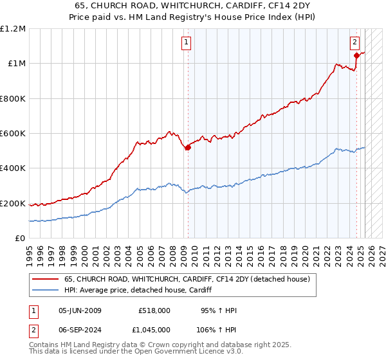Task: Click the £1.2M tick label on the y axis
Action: click(13, 29)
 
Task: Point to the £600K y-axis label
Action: click(13, 134)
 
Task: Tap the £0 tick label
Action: click(21, 239)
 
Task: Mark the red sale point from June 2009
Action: click(188, 148)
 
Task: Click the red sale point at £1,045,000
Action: click(356, 56)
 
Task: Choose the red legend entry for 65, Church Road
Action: click(187, 279)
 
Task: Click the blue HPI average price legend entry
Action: click(142, 291)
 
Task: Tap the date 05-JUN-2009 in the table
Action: click(80, 310)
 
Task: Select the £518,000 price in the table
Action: click(154, 310)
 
